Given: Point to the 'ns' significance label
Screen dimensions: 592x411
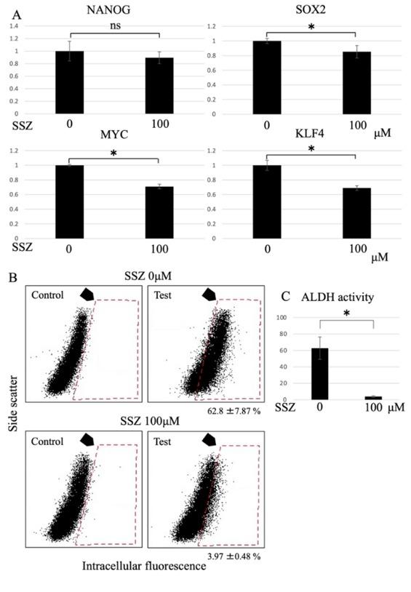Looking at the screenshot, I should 116,25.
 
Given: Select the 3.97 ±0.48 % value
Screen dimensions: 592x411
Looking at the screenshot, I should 231,556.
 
